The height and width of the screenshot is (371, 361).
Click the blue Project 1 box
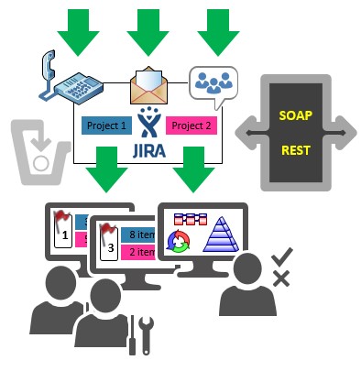click(106, 125)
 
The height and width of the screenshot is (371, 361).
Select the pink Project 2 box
click(191, 125)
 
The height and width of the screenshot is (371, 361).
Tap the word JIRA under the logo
click(149, 151)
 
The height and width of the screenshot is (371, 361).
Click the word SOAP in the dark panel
click(295, 115)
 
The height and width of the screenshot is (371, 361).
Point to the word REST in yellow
click(296, 150)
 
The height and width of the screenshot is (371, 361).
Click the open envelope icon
click(148, 85)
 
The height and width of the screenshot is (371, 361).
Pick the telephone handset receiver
click(49, 66)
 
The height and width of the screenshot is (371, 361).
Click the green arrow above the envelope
click(148, 32)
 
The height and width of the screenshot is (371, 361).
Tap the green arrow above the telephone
click(78, 32)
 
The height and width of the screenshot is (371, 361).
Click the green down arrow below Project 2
click(193, 169)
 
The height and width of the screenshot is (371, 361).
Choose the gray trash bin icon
click(40, 152)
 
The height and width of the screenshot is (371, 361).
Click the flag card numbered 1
click(63, 230)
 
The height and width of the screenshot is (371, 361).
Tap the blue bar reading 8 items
click(138, 235)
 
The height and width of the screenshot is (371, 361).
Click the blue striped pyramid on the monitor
click(221, 235)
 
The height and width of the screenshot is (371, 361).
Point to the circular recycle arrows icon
click(179, 241)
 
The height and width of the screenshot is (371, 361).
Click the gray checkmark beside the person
click(282, 257)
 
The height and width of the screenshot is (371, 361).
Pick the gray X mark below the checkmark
click(281, 278)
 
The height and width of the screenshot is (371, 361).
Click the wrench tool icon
click(147, 335)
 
